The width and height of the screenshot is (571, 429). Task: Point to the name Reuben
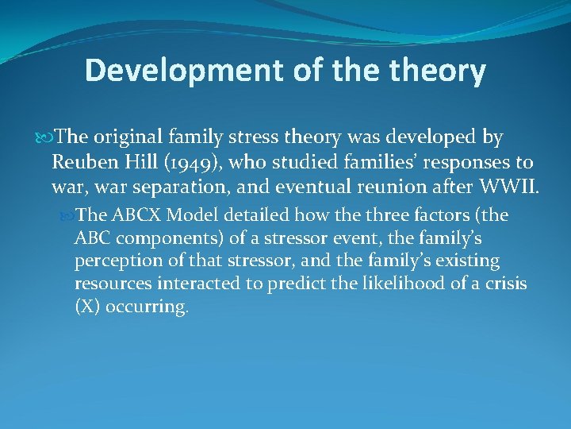82,163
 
